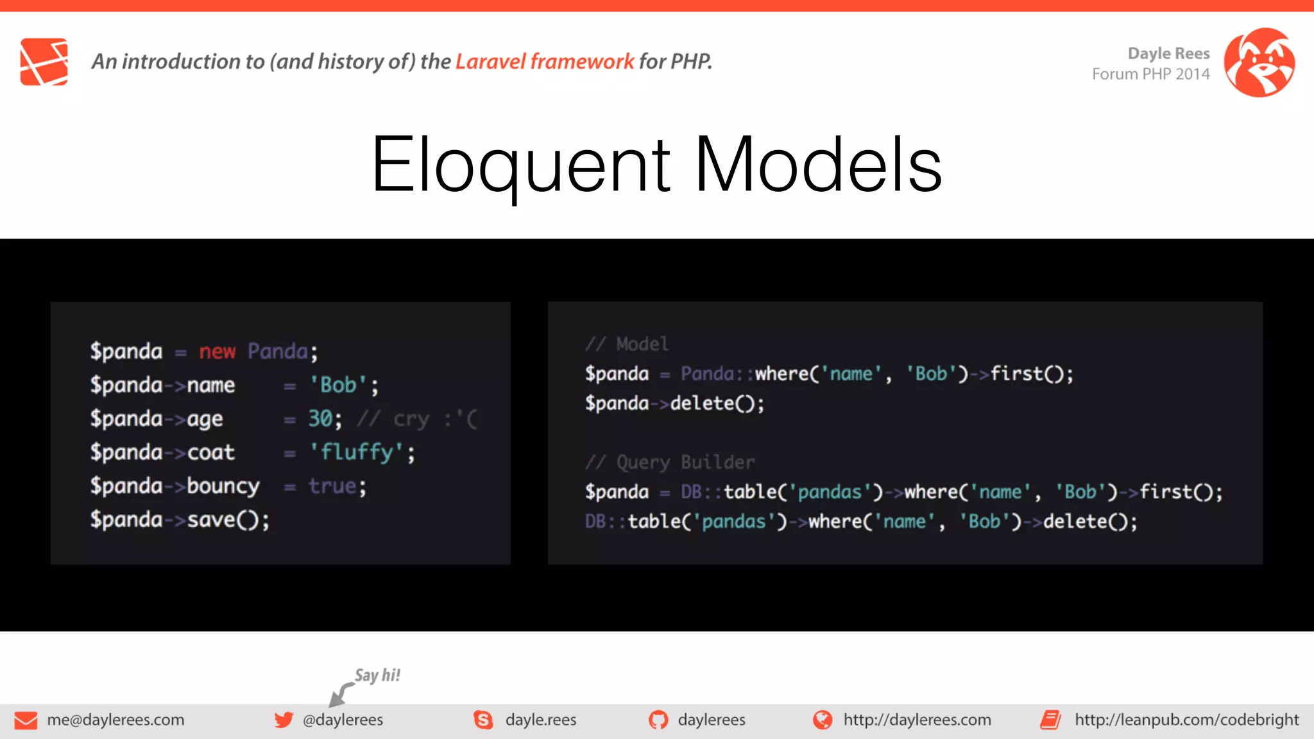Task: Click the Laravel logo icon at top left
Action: pyautogui.click(x=44, y=62)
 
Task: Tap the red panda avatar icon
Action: pyautogui.click(x=1259, y=62)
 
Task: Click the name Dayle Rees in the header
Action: pyautogui.click(x=1168, y=53)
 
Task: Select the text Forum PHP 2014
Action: pyautogui.click(x=1150, y=74)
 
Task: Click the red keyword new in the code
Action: pyautogui.click(x=218, y=352)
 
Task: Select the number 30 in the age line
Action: pyautogui.click(x=320, y=419)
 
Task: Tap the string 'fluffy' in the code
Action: pyautogui.click(x=357, y=452)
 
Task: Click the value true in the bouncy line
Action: pyautogui.click(x=332, y=486)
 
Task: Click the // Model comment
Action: pyautogui.click(x=627, y=344)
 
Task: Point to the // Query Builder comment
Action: pyautogui.click(x=670, y=463)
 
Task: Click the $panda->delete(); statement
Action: pyautogui.click(x=674, y=403)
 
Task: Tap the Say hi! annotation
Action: pyautogui.click(x=377, y=675)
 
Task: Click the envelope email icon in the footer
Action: pyautogui.click(x=26, y=720)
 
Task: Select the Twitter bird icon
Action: pyautogui.click(x=284, y=720)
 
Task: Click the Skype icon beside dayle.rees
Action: pyautogui.click(x=483, y=720)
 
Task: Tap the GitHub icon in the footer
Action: pyautogui.click(x=658, y=720)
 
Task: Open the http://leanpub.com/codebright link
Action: pyautogui.click(x=1186, y=720)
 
